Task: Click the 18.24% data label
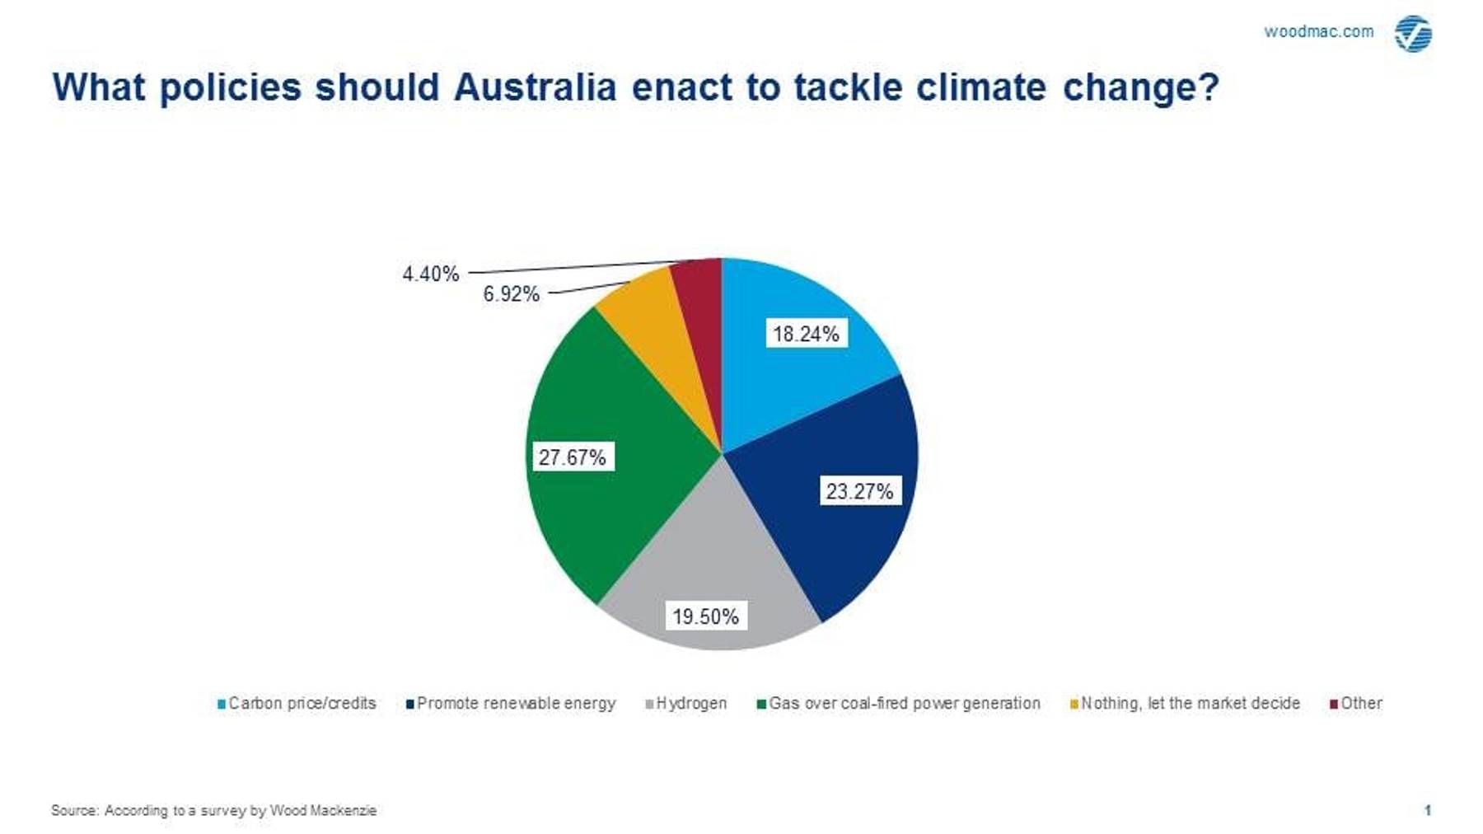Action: click(806, 334)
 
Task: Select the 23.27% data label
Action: click(859, 491)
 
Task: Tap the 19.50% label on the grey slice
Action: click(706, 616)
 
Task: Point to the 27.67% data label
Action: click(572, 457)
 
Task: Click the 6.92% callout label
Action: click(511, 294)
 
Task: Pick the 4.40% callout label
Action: click(430, 274)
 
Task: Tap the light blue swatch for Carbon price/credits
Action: click(222, 704)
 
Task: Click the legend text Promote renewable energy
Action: click(516, 703)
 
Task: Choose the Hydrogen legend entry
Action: click(686, 703)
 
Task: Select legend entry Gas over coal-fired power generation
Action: click(899, 703)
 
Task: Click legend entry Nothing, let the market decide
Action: click(1185, 703)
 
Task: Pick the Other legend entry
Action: click(1356, 703)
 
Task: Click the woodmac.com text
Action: click(1319, 31)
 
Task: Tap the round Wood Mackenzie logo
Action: click(1413, 34)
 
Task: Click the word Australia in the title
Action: click(535, 87)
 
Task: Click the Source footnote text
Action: click(213, 810)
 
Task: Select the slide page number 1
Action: click(1428, 810)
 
